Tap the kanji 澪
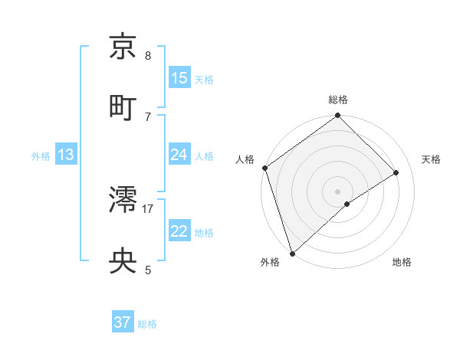(123, 201)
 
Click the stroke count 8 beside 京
(148, 56)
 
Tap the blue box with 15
(179, 78)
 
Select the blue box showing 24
(179, 155)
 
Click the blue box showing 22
(179, 231)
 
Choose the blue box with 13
(66, 155)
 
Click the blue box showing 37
(123, 322)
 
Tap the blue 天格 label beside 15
(204, 80)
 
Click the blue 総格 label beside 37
(147, 324)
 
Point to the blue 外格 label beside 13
(41, 156)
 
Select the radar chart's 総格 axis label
(338, 100)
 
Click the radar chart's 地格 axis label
(402, 262)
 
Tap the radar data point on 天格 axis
(396, 172)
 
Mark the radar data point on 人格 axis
(264, 168)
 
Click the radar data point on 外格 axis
(292, 253)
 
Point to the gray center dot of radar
(338, 191)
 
